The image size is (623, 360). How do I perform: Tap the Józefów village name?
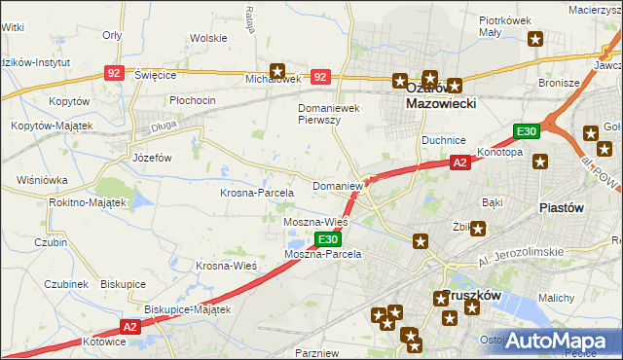(151, 157)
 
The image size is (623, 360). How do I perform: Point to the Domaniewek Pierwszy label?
(330, 114)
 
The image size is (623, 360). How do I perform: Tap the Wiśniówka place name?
(42, 180)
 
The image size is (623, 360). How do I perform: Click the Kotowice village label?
(105, 342)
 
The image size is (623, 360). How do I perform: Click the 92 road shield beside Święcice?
(115, 73)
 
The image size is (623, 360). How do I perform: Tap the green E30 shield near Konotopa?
(527, 131)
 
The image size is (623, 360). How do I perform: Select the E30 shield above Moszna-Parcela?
(328, 239)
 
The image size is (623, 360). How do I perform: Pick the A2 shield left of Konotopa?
(460, 163)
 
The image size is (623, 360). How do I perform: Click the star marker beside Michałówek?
(277, 70)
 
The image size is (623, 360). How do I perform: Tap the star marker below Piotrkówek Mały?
(535, 39)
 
